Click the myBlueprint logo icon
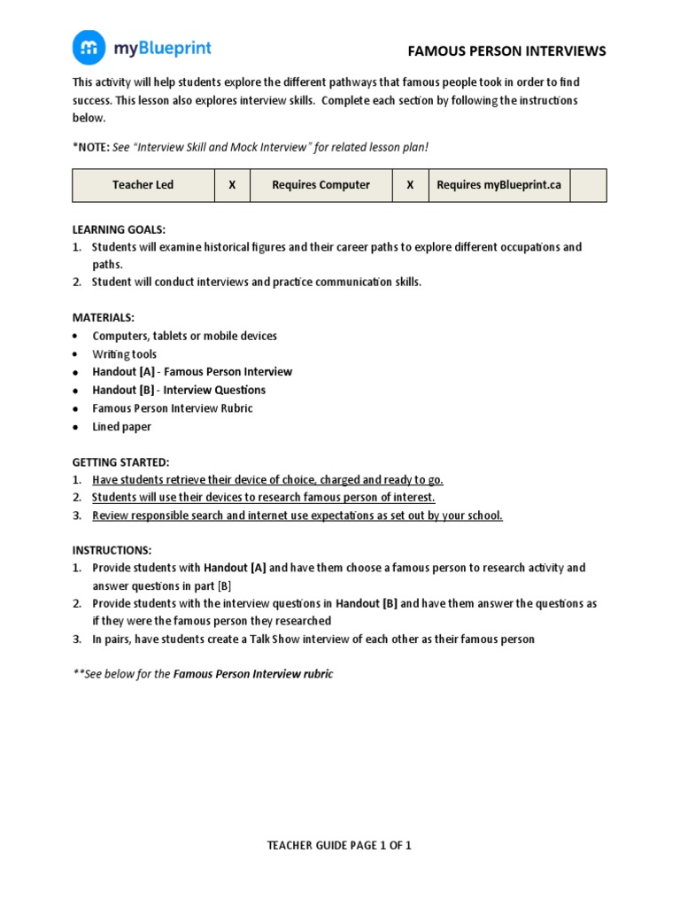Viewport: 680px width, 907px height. point(89,48)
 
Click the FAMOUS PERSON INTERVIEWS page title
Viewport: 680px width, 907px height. point(506,51)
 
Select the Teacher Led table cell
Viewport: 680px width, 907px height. point(143,185)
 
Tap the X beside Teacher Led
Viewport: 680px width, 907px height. point(232,185)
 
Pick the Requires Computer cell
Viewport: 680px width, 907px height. point(321,185)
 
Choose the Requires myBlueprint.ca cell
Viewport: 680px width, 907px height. point(499,185)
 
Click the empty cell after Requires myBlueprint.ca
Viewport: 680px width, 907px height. point(589,185)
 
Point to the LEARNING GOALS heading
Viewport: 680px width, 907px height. point(119,229)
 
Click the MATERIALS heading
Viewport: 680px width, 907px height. point(103,317)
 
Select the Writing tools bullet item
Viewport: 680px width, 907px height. point(124,354)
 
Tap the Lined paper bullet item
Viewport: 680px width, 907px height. point(121,427)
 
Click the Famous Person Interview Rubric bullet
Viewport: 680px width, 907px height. point(172,408)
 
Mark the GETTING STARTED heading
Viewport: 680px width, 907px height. point(120,462)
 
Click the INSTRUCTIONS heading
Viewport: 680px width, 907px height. point(112,550)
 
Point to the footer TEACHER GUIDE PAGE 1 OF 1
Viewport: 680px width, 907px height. point(339,845)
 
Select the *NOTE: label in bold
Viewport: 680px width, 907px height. point(90,147)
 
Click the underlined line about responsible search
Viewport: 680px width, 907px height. point(297,516)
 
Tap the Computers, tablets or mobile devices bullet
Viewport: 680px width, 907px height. point(184,336)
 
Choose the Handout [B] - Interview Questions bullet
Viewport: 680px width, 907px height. point(178,390)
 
